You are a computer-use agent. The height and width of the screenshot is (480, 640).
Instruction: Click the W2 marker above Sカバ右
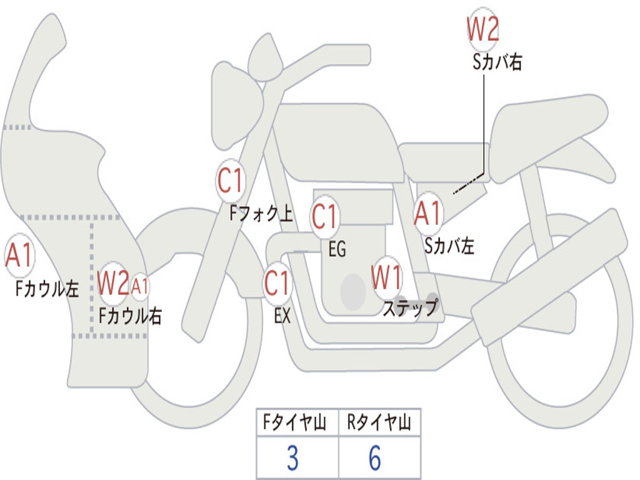[483, 29]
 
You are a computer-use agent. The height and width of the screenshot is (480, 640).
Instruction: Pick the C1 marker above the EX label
[277, 284]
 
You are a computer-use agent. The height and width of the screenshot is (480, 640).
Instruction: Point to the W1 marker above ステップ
[387, 277]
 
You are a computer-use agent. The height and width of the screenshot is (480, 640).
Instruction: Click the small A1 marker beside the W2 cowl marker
[140, 286]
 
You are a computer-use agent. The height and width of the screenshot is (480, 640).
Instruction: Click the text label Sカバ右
[497, 62]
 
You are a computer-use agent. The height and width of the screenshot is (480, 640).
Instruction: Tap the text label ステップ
[410, 308]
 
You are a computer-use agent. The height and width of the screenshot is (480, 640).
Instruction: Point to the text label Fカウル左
[47, 289]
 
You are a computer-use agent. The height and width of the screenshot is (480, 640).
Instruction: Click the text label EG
[337, 250]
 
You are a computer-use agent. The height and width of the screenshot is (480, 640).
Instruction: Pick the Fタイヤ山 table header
[297, 424]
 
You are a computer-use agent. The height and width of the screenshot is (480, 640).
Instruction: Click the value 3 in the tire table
[292, 459]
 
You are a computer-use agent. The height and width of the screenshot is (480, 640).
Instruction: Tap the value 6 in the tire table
[375, 459]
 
